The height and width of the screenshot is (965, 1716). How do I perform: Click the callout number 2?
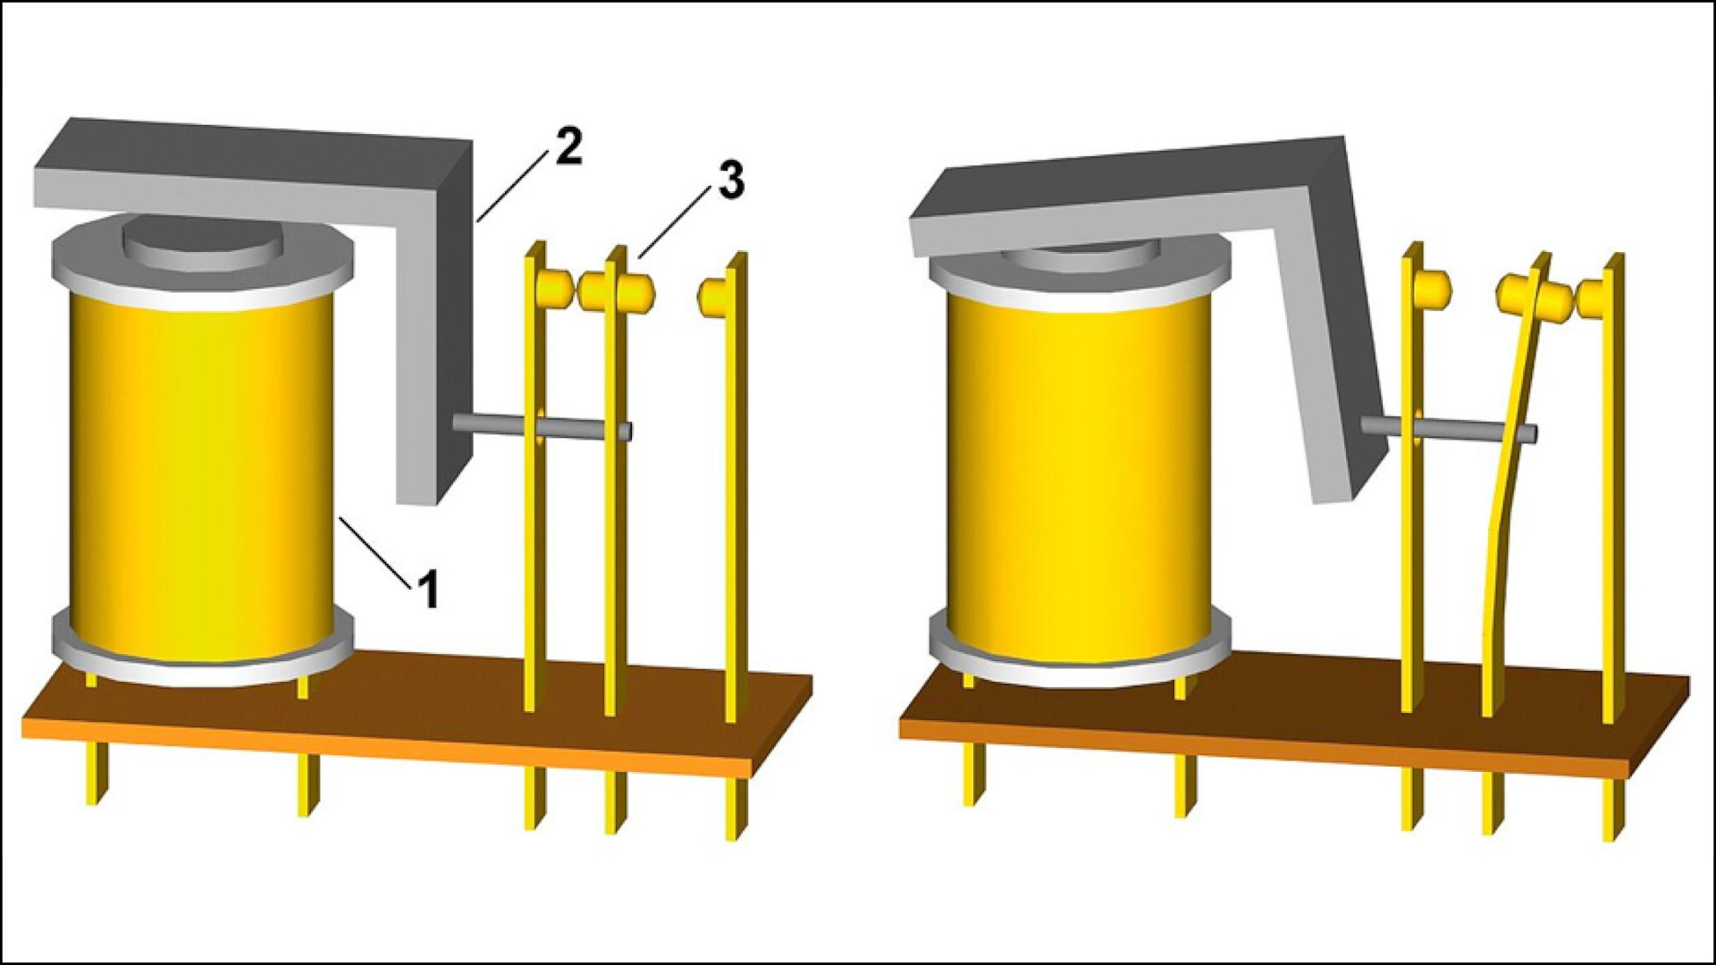pyautogui.click(x=568, y=147)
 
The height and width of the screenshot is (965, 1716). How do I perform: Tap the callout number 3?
pyautogui.click(x=730, y=180)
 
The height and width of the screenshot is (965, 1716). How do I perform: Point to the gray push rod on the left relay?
pyautogui.click(x=543, y=426)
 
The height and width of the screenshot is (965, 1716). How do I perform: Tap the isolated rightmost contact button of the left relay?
pyautogui.click(x=712, y=296)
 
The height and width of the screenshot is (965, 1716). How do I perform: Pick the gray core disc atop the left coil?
pyautogui.click(x=202, y=241)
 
